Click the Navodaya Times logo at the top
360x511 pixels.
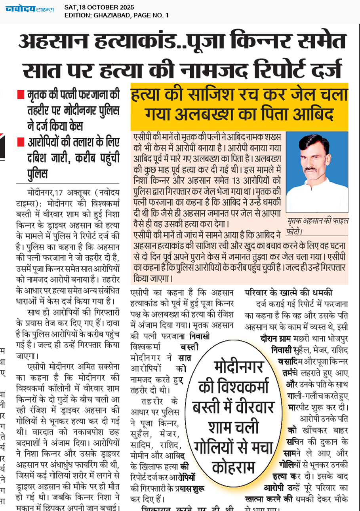30,8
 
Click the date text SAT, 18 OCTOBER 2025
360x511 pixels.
99,8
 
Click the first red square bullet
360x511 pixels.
21,95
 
